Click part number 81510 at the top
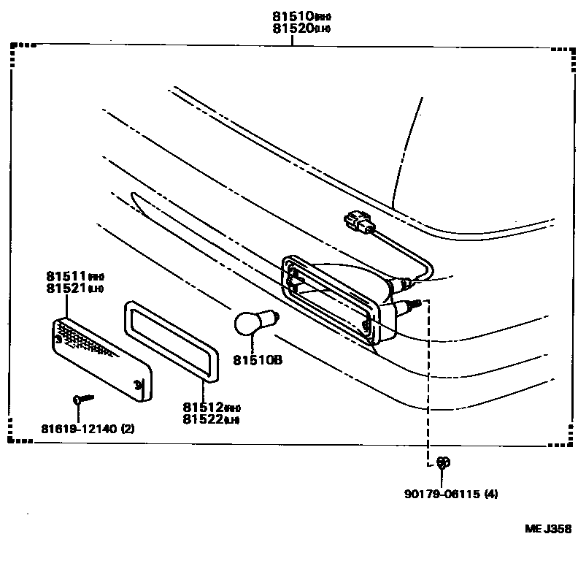coord(292,15)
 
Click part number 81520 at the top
coord(292,28)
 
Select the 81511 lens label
coord(64,278)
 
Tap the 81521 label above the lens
coord(64,290)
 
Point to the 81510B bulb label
coord(258,359)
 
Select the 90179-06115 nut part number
coord(440,494)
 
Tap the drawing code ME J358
coord(547,530)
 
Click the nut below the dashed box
coord(442,462)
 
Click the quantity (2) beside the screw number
coord(128,429)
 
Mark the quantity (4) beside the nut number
coord(491,494)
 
